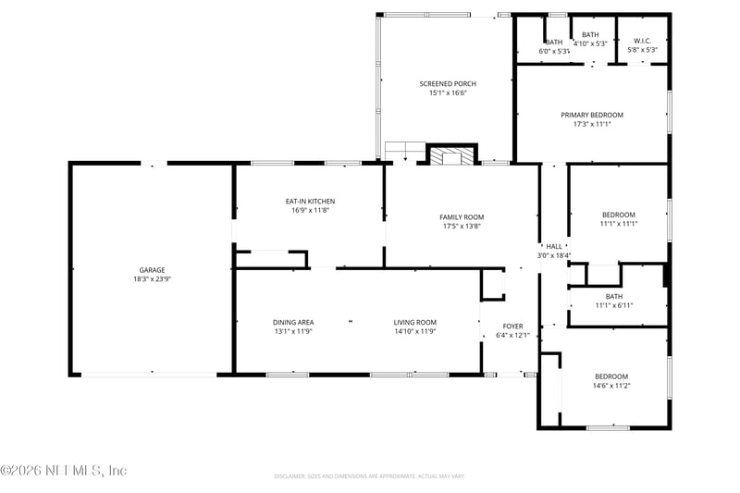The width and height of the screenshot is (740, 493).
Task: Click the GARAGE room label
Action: tap(152, 270)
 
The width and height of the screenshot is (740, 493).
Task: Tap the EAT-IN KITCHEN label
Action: tap(310, 201)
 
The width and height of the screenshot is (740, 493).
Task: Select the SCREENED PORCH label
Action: tap(448, 84)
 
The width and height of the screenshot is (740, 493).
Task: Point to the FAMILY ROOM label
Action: tap(462, 217)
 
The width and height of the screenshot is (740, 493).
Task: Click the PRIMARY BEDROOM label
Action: tap(592, 115)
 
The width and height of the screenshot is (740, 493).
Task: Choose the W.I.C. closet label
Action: tap(643, 41)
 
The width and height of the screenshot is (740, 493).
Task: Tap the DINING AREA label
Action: tap(293, 322)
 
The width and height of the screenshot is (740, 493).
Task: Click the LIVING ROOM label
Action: tap(414, 322)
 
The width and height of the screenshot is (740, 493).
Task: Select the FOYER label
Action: tap(512, 326)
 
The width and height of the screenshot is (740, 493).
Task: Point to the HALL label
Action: tap(554, 246)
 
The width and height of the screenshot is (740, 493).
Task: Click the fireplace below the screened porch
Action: tap(450, 156)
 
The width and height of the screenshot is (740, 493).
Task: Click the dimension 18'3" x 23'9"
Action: tap(152, 279)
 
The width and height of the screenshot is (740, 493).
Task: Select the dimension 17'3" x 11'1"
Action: tap(592, 124)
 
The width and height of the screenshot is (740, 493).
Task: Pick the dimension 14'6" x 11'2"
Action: tap(611, 386)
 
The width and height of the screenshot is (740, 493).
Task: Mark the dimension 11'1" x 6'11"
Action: tap(614, 305)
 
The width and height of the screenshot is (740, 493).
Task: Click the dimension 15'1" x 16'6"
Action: tap(448, 93)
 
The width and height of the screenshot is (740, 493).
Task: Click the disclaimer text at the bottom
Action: tap(369, 475)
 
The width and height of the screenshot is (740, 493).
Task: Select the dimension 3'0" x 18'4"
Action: tap(554, 255)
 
